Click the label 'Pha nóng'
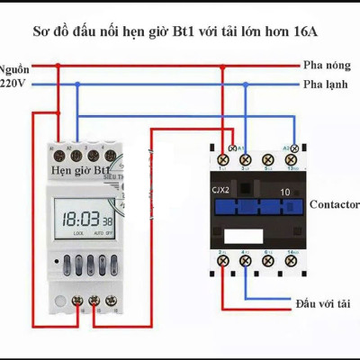(x=325, y=66)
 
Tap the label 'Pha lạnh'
(x=325, y=84)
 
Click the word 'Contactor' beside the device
(x=334, y=204)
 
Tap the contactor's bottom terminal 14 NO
(x=292, y=260)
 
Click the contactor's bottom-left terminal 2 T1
(x=222, y=260)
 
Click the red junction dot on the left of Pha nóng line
(x=58, y=66)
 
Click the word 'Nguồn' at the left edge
(x=13, y=67)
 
